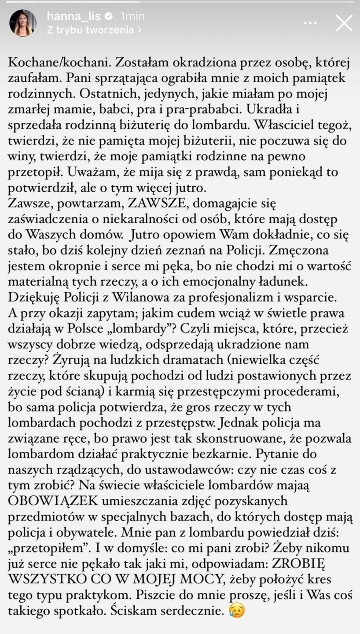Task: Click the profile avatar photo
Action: point(23,23)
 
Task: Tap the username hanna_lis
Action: point(73,16)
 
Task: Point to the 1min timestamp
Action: point(132,16)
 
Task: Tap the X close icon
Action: point(344,23)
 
